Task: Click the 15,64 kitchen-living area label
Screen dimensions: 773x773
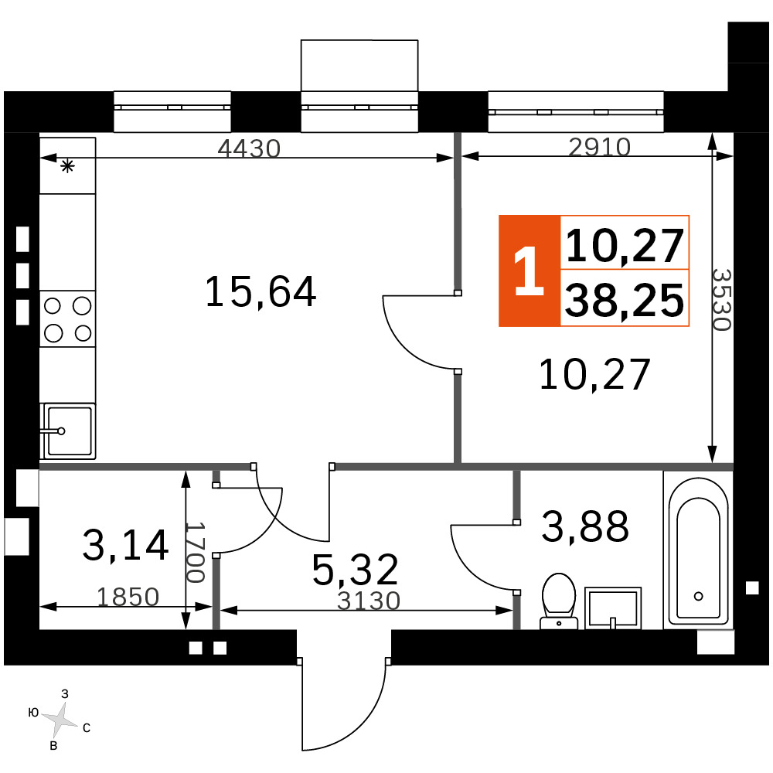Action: click(x=261, y=292)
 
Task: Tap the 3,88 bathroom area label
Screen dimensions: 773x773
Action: click(x=584, y=526)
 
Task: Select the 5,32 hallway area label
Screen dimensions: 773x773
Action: click(x=355, y=570)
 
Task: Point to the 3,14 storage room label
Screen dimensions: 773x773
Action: click(x=125, y=545)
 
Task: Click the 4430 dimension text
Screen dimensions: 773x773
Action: click(x=249, y=148)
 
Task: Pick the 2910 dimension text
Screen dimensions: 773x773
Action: click(x=599, y=147)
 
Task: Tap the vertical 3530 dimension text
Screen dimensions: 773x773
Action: click(x=721, y=300)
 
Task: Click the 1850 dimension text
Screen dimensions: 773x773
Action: click(x=128, y=597)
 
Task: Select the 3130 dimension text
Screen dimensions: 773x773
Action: click(x=368, y=601)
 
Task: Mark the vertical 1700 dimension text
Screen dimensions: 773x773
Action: click(x=195, y=552)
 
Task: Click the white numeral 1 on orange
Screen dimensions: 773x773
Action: click(x=529, y=271)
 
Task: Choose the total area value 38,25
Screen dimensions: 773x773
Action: click(x=624, y=301)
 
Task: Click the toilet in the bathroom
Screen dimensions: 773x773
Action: click(x=559, y=601)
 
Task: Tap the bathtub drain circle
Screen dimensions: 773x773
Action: click(x=698, y=596)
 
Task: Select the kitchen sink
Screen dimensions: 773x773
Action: click(x=68, y=431)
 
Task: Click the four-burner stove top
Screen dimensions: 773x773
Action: click(x=67, y=319)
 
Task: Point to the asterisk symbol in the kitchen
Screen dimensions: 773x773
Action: click(x=67, y=166)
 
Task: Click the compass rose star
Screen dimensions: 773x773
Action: click(x=60, y=720)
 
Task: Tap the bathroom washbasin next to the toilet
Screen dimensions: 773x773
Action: click(x=613, y=608)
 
